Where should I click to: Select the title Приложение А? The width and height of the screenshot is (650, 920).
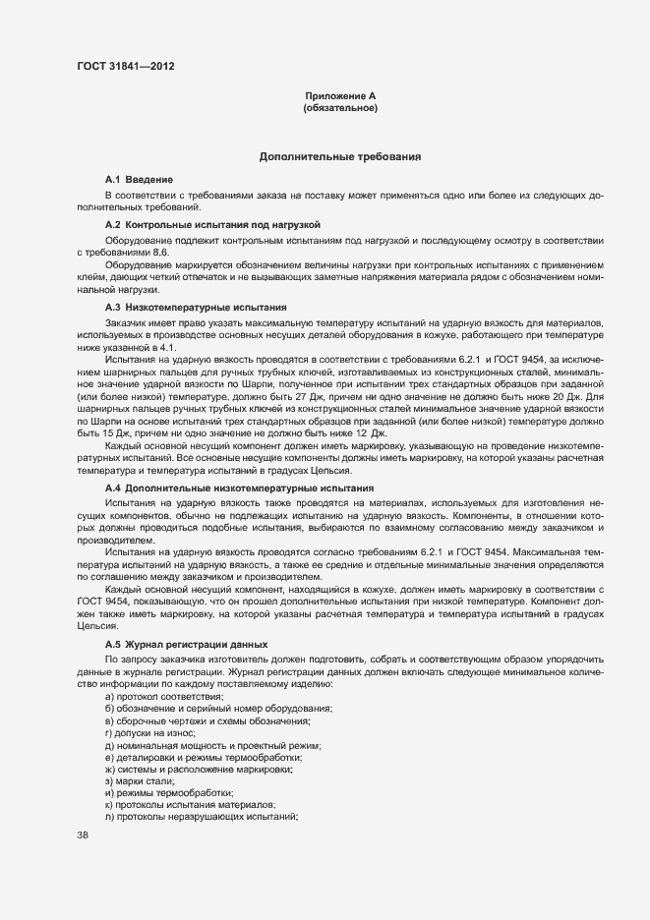340,95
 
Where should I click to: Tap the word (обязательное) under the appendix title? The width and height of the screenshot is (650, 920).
340,108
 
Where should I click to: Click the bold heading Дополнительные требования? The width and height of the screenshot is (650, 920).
340,156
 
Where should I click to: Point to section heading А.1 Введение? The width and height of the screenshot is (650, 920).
140,180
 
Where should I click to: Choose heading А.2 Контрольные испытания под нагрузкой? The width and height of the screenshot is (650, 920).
213,225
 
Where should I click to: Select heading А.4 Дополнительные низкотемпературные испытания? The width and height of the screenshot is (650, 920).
239,488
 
